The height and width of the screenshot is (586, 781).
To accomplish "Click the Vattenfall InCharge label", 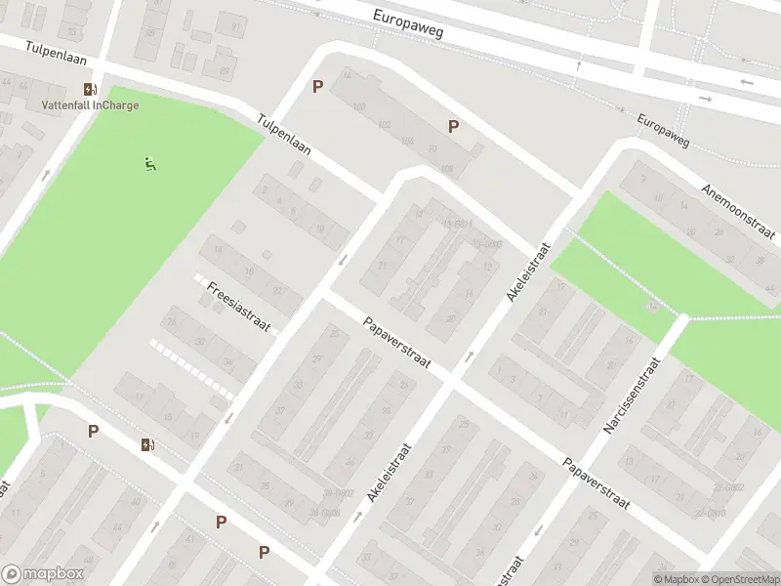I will (90, 105).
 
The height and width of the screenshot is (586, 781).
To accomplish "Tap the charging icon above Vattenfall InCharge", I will (90, 89).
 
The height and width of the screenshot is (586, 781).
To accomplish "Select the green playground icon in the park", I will (149, 164).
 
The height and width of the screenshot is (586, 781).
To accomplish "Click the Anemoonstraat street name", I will (738, 209).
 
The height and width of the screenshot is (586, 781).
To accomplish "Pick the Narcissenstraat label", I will (633, 396).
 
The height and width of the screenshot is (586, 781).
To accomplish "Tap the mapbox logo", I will (43, 574).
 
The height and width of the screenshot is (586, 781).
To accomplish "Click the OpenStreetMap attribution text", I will (739, 579).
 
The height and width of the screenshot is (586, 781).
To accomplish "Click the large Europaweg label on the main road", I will (408, 23).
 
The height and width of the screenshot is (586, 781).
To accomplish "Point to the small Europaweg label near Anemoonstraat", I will (663, 133).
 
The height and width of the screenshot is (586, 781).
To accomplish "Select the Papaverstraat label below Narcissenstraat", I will (596, 485).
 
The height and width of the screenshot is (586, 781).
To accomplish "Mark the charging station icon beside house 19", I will (148, 445).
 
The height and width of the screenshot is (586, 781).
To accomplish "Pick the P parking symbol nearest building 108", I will (453, 126).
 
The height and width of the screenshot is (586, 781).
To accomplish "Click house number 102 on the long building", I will (384, 124).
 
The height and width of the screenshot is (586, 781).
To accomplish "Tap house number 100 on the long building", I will (358, 105).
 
